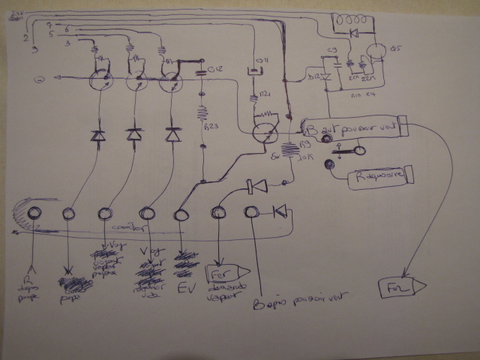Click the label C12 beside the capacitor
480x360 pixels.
tap(216, 71)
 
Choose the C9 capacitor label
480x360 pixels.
tap(333, 52)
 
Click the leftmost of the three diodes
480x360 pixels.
tap(97, 136)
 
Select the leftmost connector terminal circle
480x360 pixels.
tap(34, 212)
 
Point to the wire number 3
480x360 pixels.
tap(68, 44)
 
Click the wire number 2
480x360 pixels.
tap(27, 37)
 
